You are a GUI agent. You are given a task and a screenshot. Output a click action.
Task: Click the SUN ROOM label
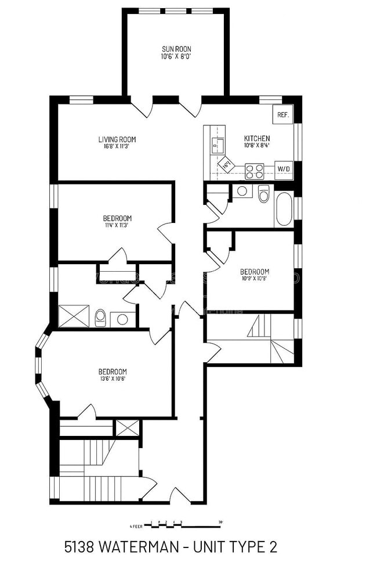coord(176,49)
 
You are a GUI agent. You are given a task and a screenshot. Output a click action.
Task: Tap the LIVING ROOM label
coord(117,139)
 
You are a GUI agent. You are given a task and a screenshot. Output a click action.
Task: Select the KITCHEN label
coord(256,138)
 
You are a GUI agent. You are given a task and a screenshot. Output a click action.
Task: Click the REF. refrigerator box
coord(283,114)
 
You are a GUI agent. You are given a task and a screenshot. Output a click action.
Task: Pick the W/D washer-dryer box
coord(284,169)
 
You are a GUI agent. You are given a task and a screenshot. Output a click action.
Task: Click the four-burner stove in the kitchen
coord(255,171)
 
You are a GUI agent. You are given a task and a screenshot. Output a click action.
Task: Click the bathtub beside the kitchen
coord(284,209)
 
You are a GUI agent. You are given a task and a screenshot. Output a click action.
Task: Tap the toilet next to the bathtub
coord(264,194)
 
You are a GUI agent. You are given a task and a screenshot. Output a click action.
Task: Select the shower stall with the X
coord(74,316)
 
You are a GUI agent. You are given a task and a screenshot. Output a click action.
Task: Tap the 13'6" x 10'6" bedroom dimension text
coord(112,379)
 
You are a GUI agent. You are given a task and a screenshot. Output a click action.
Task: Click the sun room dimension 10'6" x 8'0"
coord(176,57)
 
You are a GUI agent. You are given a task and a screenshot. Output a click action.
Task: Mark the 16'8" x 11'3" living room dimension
coord(117,146)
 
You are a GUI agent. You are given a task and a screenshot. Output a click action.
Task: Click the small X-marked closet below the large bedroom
coord(127,428)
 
